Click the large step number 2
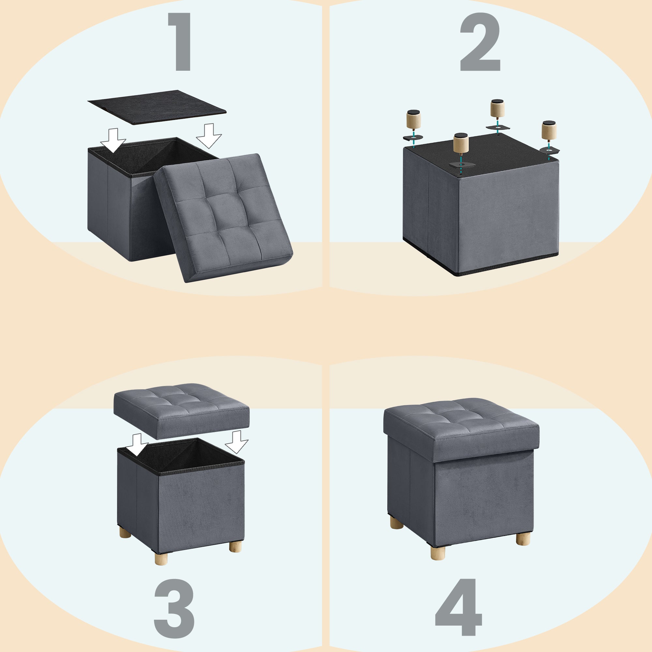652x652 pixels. point(480,42)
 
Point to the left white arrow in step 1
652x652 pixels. point(113,140)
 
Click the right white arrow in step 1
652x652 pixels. point(209,136)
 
